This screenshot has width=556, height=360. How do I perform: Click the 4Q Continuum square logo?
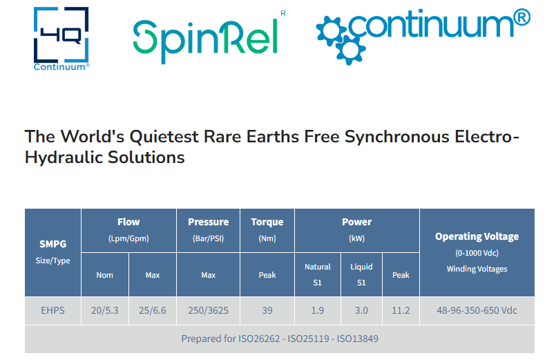point(61,38)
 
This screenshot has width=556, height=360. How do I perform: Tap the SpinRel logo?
point(209,37)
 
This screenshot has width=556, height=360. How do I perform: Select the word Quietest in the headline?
point(164,137)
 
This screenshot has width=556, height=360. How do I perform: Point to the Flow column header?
point(128,222)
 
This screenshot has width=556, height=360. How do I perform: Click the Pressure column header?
point(208,222)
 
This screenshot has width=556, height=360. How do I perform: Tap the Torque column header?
point(267,222)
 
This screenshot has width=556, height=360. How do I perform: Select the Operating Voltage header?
point(477,236)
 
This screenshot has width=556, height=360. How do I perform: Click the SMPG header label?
point(52,244)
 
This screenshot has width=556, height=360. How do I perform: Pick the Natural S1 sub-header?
point(317,274)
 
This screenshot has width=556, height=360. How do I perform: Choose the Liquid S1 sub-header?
point(361,274)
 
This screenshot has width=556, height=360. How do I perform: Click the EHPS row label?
point(52,310)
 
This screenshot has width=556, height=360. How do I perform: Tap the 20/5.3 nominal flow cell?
point(104,310)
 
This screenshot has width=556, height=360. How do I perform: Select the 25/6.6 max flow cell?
point(153,310)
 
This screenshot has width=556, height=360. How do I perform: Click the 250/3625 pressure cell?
point(208,310)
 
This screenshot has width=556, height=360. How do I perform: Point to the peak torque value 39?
point(267,310)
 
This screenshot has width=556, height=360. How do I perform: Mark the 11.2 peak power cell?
point(401,310)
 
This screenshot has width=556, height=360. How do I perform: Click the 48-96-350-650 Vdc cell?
point(477,310)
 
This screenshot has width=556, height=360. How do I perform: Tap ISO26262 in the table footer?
point(259,339)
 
